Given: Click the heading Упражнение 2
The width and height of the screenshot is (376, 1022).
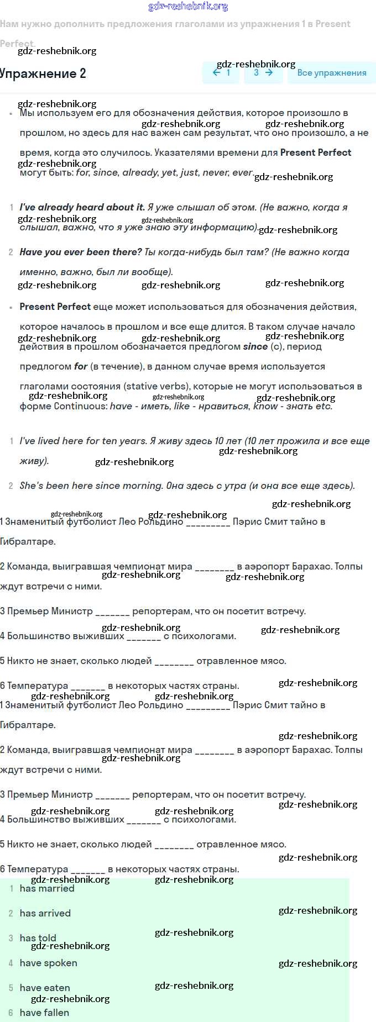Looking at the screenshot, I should coord(43,73).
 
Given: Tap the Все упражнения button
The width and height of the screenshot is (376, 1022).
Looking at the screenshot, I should coord(331,73).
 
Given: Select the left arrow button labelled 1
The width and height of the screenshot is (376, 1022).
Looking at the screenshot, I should coord(222,72).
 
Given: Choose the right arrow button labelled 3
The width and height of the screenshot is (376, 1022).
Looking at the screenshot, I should coord(263,72).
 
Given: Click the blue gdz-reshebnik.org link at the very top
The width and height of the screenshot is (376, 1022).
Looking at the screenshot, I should coord(188,6).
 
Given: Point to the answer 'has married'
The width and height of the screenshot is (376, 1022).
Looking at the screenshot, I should coord(47,888).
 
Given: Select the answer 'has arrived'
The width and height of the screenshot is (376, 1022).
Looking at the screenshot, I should coord(45,913).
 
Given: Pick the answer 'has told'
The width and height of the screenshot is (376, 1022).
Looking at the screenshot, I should coord(38,938).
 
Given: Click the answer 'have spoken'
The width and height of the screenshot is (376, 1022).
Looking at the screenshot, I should coord(49,963).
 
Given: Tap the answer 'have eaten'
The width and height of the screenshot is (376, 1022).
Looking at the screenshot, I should coord(45,988).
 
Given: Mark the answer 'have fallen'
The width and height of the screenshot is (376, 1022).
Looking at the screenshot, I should coord(45,1013).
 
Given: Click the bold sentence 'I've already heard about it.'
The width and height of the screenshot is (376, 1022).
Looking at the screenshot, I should coord(82,207).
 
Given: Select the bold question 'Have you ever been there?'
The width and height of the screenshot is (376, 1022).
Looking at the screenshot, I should coord(81,252).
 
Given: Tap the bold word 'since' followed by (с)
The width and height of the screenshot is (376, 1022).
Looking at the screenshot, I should coord(255,346).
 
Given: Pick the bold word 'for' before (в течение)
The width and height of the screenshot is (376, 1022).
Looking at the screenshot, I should coord(81,366).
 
